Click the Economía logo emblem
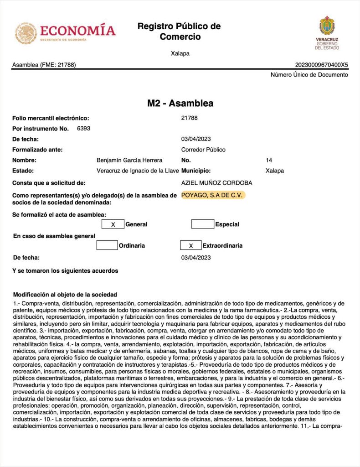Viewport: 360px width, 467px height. coord(26,33)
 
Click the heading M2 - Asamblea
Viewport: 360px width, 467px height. coord(180,104)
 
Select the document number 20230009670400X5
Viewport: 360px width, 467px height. coord(322,65)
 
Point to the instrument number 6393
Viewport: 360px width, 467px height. coord(84,129)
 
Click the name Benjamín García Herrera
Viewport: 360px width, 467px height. coord(129,161)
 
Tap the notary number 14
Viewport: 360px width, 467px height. coord(269,161)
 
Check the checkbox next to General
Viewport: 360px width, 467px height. coord(113,224)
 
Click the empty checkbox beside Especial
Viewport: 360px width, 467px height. coord(202,224)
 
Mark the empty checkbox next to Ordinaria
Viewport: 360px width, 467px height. coord(107,245)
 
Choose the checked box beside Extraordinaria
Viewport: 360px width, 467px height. coord(191,245)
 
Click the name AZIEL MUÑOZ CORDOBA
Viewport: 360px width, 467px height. coord(216,183)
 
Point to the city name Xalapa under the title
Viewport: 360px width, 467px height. coord(180,53)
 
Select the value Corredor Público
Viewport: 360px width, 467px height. coord(203,150)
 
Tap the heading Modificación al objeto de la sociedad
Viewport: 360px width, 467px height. coord(65,295)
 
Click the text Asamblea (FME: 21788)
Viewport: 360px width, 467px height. coord(44,65)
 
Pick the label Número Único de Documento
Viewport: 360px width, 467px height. coord(309,75)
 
